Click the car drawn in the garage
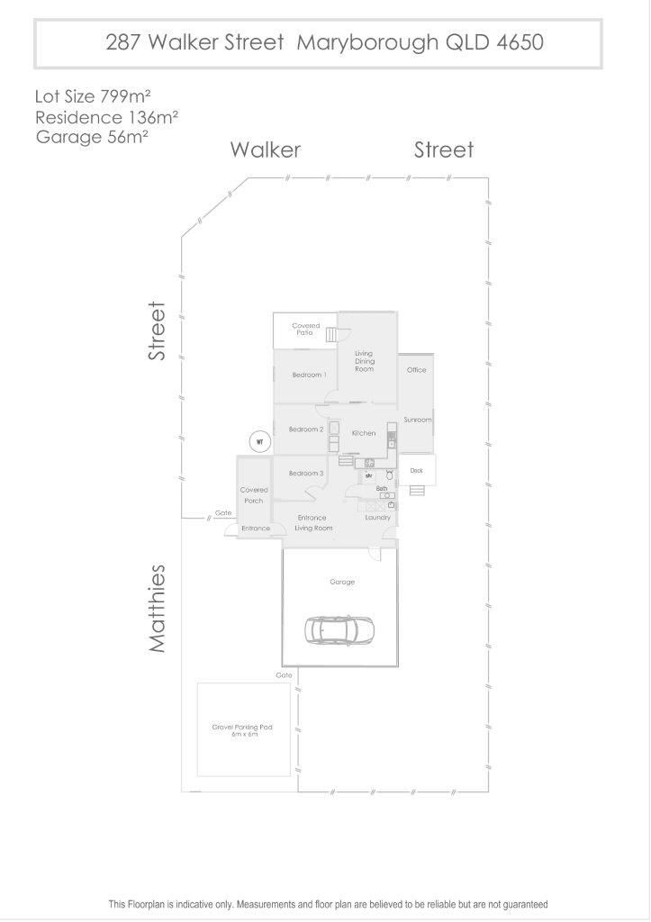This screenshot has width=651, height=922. [x=339, y=630]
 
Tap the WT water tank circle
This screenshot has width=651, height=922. [x=259, y=441]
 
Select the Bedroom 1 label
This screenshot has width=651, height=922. [x=310, y=375]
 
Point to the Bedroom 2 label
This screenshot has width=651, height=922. [x=306, y=429]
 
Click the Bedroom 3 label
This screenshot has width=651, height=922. [x=306, y=473]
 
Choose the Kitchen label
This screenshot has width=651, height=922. [x=364, y=433]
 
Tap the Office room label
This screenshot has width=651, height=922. [x=416, y=370]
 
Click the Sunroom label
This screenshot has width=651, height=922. [x=418, y=420]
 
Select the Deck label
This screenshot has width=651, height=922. [x=416, y=470]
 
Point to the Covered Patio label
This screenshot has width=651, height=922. [x=306, y=329]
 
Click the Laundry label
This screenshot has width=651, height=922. [x=377, y=518]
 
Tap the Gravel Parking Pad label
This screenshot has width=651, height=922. [x=242, y=730]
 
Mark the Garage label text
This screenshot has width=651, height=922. [x=342, y=582]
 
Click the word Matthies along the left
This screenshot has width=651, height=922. [x=157, y=609]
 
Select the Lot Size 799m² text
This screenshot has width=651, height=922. [x=93, y=95]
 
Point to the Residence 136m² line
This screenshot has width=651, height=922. [x=107, y=117]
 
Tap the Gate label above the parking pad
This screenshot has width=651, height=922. [x=284, y=675]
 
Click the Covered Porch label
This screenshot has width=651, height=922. [x=254, y=495]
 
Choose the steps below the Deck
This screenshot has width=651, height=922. [x=417, y=491]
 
